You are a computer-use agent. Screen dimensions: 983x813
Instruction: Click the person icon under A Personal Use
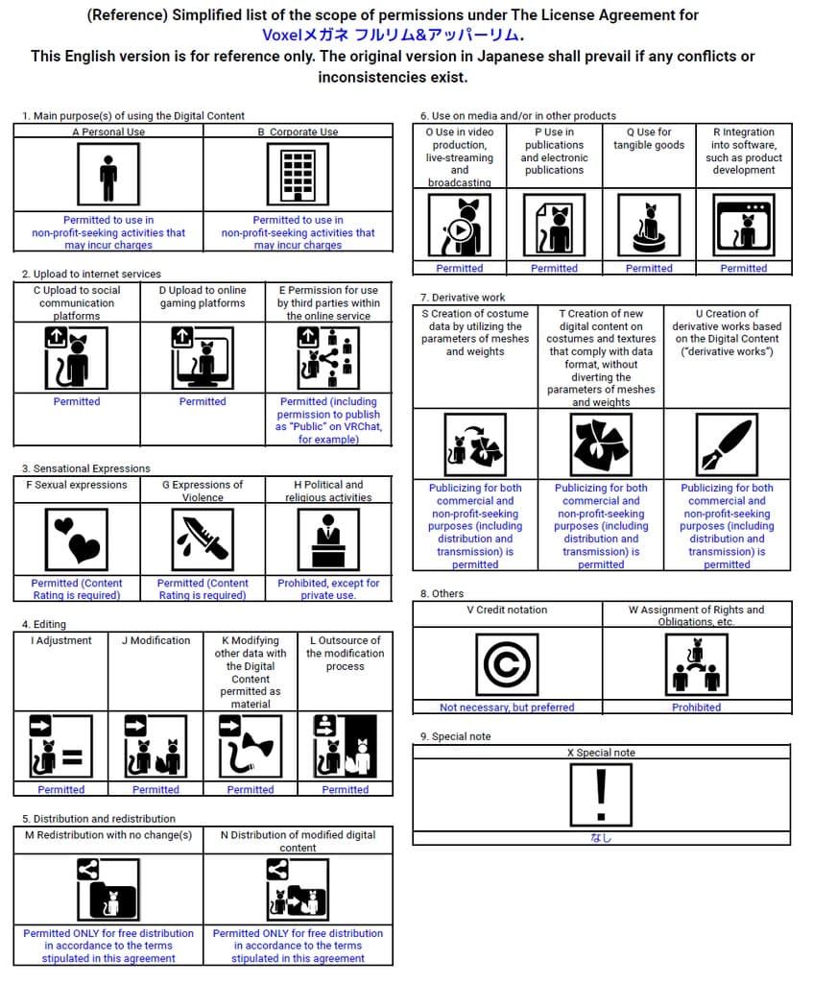point(108,176)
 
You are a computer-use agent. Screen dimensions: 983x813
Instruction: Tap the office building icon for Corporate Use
point(298,176)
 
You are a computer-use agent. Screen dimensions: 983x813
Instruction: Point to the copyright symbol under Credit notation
point(507,664)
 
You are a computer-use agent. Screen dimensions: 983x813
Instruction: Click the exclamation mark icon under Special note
point(601,795)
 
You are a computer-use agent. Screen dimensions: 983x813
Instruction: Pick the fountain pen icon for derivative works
point(727,445)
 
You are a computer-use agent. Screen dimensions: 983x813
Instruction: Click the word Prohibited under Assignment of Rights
point(696,707)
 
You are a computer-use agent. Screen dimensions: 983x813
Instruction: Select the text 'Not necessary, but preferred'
point(507,707)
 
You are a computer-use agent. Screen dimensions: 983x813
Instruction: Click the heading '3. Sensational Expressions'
point(86,468)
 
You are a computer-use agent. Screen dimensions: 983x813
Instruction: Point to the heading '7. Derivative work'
point(463,298)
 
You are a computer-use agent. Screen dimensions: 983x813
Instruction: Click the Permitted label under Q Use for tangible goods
point(649,269)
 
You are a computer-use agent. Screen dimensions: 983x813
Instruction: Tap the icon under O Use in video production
point(460,226)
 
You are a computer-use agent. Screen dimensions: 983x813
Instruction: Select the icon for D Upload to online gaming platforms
point(203,357)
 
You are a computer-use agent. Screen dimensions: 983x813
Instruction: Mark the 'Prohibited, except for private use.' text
point(329,588)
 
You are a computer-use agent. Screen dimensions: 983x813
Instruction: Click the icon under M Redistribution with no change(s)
point(108,889)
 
